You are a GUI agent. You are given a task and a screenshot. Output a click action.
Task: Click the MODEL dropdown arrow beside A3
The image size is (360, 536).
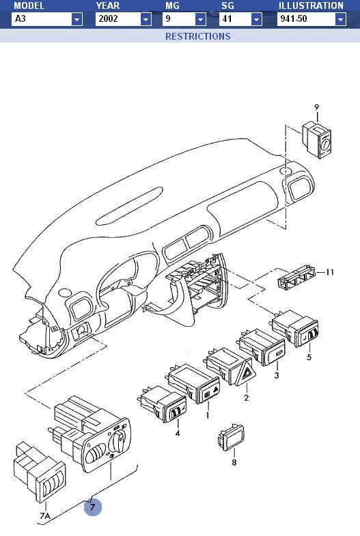77,19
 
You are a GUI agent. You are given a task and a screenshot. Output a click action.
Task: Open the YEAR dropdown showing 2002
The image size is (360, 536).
123,19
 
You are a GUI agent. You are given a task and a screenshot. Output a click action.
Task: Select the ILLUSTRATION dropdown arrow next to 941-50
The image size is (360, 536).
340,19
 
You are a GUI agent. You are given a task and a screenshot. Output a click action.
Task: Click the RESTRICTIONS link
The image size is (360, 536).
198,36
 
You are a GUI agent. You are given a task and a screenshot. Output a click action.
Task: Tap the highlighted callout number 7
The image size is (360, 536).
93,507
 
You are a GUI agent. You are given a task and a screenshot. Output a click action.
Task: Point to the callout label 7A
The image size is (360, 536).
45,515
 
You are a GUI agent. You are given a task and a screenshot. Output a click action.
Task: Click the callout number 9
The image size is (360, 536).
317,107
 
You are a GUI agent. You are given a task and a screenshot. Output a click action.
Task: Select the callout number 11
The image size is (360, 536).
329,272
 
